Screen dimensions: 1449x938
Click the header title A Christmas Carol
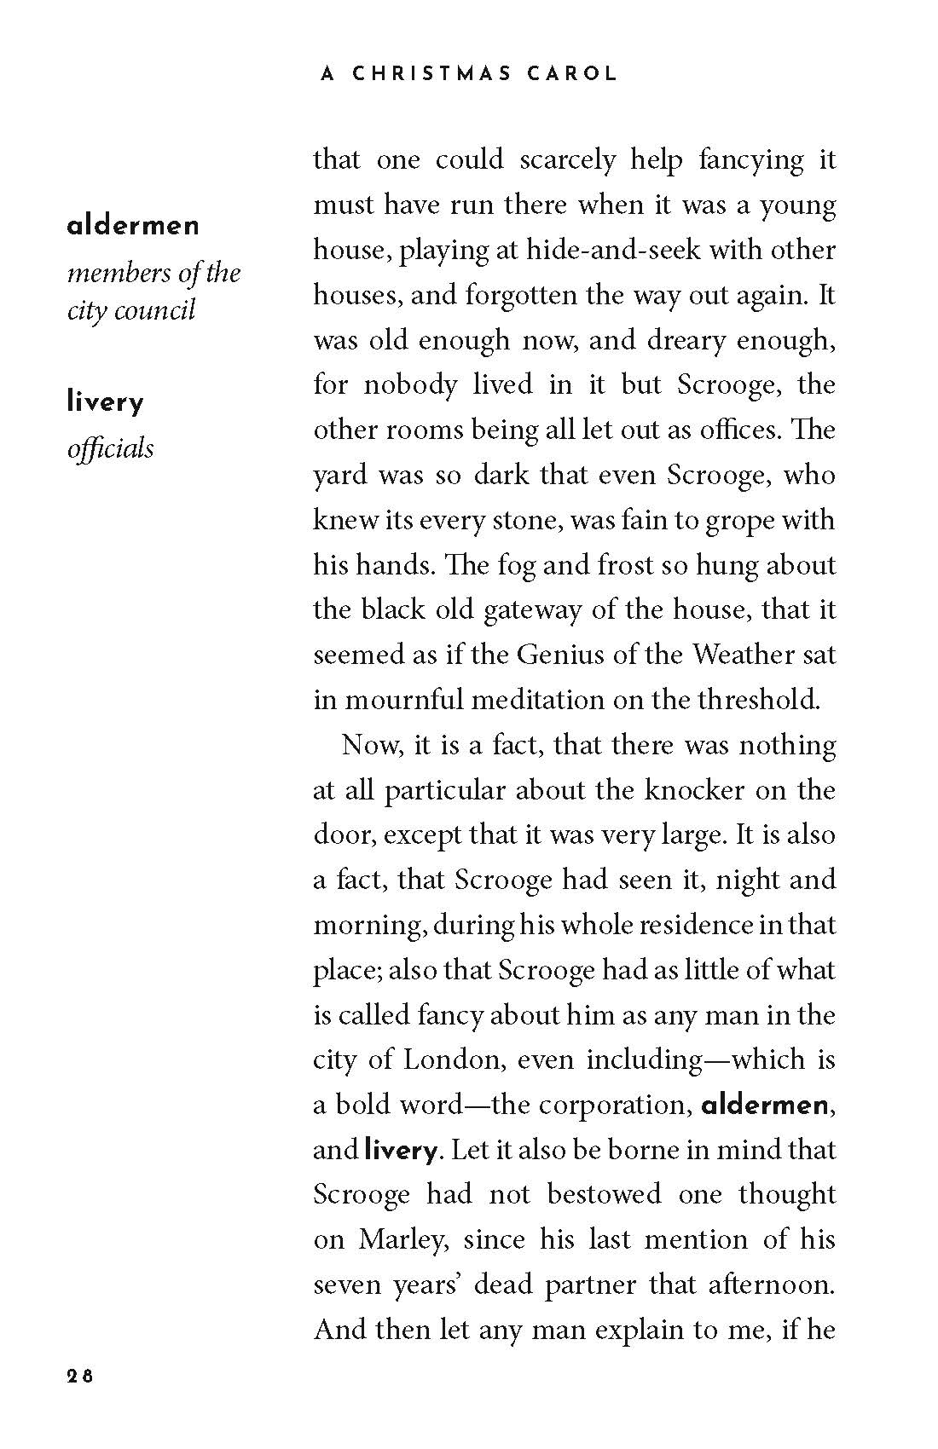[x=468, y=73]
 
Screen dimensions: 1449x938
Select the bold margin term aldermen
[x=133, y=226]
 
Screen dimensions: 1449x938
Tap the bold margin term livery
[x=105, y=402]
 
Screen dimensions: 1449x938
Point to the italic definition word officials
[x=110, y=448]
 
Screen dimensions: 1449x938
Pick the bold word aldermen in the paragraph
[x=764, y=1106]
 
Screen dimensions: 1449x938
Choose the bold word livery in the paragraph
[x=400, y=1151]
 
